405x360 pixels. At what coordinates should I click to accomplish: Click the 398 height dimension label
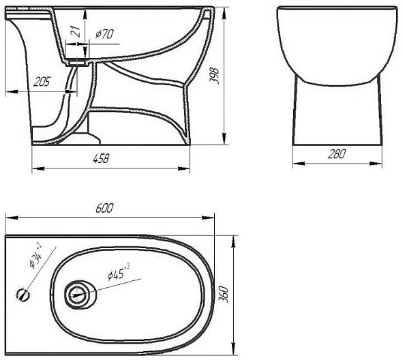click(214, 76)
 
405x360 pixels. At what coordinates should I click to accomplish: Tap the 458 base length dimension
click(101, 158)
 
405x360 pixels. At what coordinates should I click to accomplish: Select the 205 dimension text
click(42, 82)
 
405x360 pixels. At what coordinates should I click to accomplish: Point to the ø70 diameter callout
click(104, 34)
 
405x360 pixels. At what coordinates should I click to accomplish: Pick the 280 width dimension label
click(337, 153)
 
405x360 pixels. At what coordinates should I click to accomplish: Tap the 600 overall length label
click(104, 208)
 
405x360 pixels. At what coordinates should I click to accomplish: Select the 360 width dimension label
click(224, 294)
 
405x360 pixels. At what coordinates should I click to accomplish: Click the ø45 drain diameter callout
click(119, 273)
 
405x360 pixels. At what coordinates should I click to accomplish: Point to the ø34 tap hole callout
click(35, 256)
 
